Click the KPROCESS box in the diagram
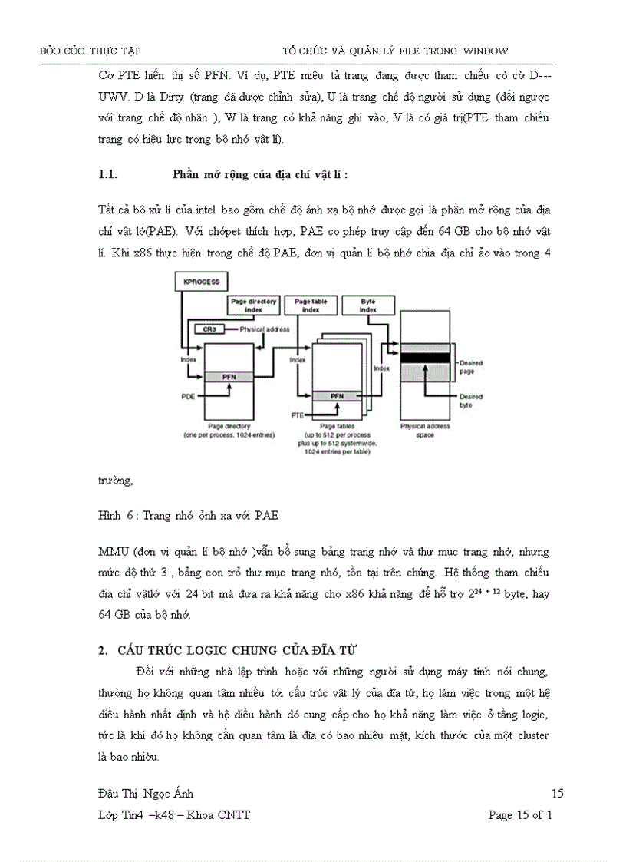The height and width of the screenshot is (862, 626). [x=202, y=282]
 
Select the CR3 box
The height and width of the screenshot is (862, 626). [x=209, y=329]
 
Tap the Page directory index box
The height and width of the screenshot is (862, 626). [x=253, y=305]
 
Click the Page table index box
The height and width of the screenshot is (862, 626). [x=310, y=305]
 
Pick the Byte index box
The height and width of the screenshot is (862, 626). [x=367, y=305]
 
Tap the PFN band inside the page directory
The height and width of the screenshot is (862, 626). [x=229, y=377]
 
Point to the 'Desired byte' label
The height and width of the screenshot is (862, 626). [x=471, y=400]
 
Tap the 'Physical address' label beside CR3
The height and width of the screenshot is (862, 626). [x=265, y=329]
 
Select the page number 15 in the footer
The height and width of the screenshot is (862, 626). [x=558, y=794]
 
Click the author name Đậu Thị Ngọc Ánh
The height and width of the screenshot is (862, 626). [x=141, y=794]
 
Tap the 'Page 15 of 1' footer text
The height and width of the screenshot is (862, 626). [x=520, y=815]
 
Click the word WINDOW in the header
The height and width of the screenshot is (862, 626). [x=486, y=51]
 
